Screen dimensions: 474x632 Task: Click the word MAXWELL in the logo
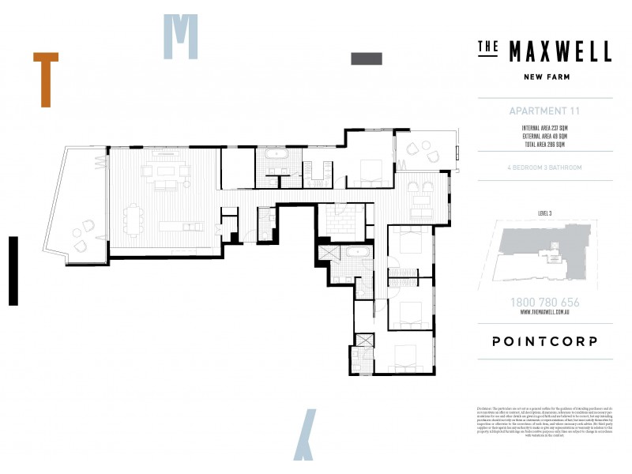point(559,51)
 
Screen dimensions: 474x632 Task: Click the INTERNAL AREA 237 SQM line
point(545,128)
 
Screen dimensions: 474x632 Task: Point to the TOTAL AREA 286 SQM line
point(545,145)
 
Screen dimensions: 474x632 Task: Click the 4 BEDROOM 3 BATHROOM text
point(545,167)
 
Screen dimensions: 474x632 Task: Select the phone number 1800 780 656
point(545,303)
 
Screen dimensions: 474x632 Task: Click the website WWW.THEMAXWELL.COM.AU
point(545,313)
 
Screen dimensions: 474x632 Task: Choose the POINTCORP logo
point(545,341)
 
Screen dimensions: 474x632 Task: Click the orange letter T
point(46,79)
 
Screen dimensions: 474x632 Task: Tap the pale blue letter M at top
point(180,36)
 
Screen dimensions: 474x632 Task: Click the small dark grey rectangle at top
point(366,58)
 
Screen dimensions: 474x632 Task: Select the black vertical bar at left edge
point(13,270)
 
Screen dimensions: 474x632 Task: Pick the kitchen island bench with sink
point(181,226)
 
